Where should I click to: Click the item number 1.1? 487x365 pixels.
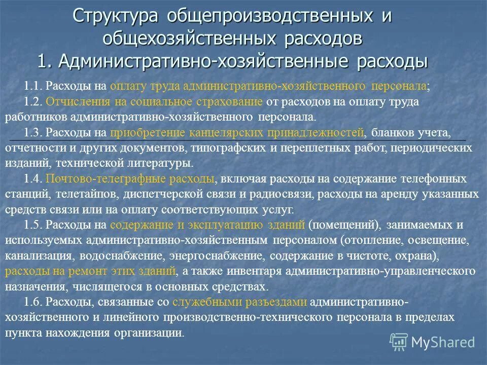[33, 86]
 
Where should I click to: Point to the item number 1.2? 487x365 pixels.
[33, 101]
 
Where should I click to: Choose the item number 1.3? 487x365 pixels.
[33, 133]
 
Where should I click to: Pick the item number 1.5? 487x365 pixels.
[33, 225]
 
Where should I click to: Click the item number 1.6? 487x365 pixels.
[33, 302]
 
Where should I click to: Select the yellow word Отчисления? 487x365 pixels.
[69, 101]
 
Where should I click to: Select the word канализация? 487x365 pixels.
[37, 255]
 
